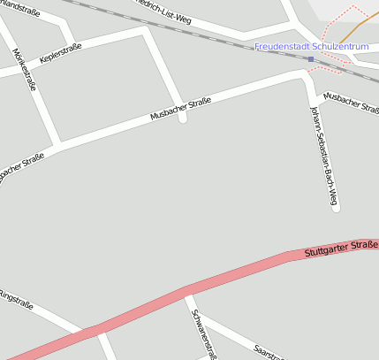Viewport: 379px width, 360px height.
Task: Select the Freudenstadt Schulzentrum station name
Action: pyautogui.click(x=311, y=46)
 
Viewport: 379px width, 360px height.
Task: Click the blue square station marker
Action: pyautogui.click(x=310, y=59)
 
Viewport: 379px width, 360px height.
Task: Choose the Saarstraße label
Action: pyautogui.click(x=269, y=352)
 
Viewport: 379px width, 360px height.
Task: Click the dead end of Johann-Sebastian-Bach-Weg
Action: pyautogui.click(x=335, y=209)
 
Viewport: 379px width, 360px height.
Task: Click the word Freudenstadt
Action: pyautogui.click(x=282, y=46)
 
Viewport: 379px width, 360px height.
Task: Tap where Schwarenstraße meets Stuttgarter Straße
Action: pyautogui.click(x=188, y=289)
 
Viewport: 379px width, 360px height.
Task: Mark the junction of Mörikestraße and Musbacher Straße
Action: pyautogui.click(x=58, y=142)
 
